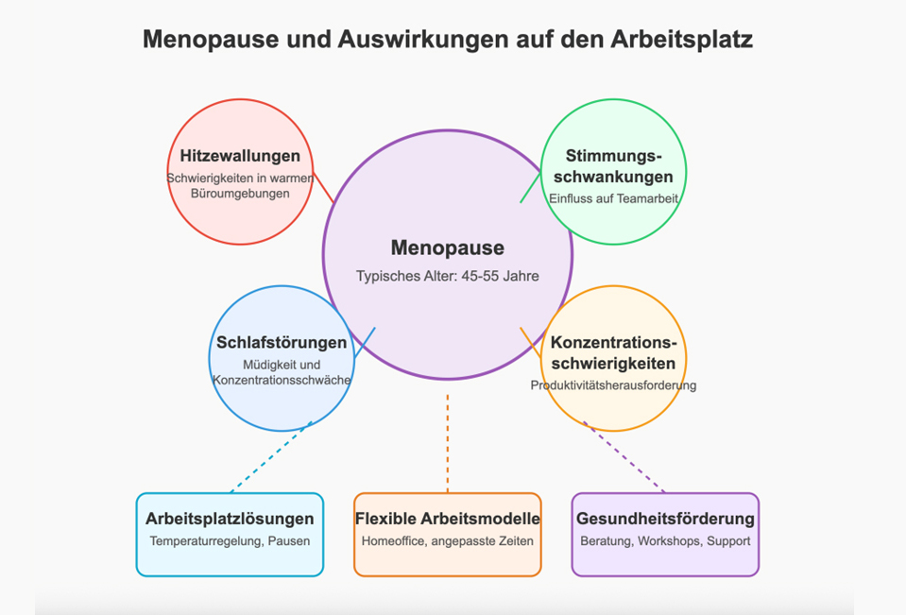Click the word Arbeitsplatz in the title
coord(681,40)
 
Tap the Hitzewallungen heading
coord(240,156)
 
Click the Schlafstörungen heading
coord(282,342)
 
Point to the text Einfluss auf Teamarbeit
coord(614,198)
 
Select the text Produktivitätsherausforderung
coord(614,385)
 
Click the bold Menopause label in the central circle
coord(448,248)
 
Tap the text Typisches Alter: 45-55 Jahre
coord(448,276)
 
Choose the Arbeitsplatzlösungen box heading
coord(230,519)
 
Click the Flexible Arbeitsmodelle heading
coord(448,519)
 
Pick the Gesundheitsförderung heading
coord(666,519)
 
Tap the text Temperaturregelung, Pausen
coord(230,541)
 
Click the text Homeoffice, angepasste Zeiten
coord(448,541)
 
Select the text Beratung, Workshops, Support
coord(666,541)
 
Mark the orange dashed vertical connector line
coord(448,443)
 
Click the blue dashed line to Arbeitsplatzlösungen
coord(271,457)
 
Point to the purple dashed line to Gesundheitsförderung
coord(624,457)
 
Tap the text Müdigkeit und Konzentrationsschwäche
coord(282,373)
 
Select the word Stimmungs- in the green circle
coord(614,156)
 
